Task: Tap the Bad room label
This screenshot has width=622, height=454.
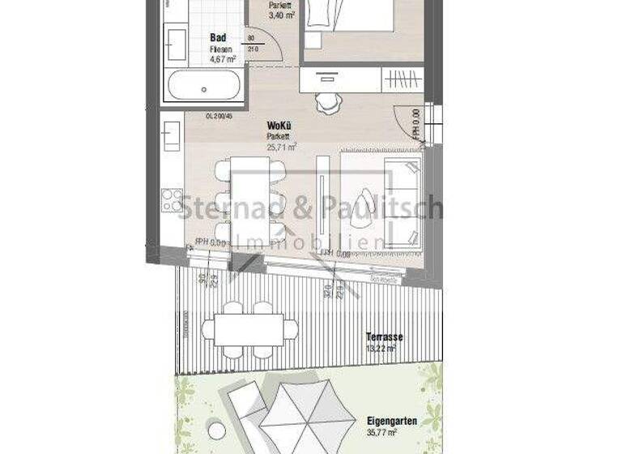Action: point(218,37)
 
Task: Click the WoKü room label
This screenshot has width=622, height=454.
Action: point(279,126)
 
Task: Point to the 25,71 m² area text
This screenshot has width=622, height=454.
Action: point(282,147)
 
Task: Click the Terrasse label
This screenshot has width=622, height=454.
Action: point(385,336)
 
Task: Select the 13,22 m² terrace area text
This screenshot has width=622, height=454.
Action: point(380,349)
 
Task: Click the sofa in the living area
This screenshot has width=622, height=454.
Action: point(405,203)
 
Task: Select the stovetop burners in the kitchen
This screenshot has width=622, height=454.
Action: point(172,199)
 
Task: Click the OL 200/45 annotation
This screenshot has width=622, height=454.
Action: point(197,116)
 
